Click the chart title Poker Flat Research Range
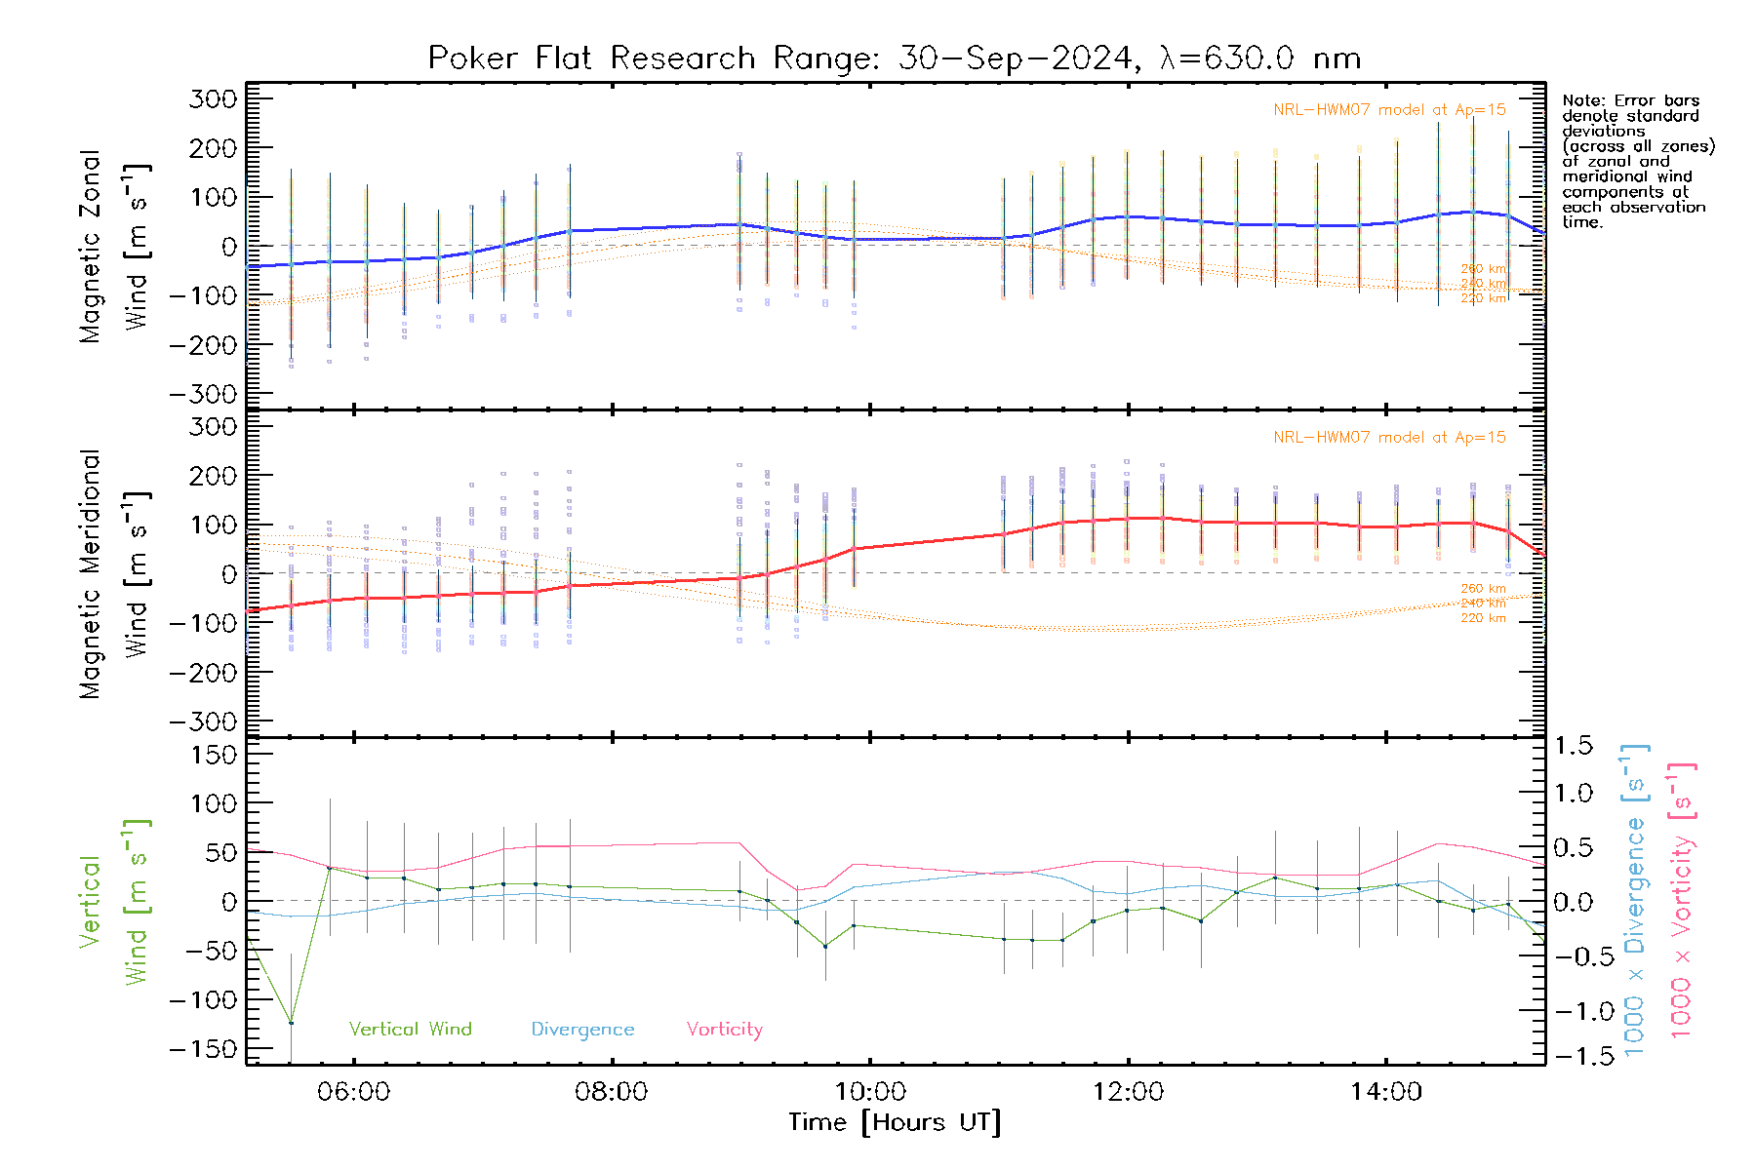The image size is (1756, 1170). (x=894, y=58)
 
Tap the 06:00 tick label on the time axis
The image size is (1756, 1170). (x=353, y=1092)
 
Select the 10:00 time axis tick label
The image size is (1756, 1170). (x=870, y=1092)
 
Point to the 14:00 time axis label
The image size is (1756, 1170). (x=1386, y=1092)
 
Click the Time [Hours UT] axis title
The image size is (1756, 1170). (x=895, y=1123)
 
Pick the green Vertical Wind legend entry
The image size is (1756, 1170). (x=410, y=1030)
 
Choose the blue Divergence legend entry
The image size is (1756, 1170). (x=582, y=1030)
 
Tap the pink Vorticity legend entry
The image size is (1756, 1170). (x=724, y=1030)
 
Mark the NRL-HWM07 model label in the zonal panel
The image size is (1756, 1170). (x=1389, y=110)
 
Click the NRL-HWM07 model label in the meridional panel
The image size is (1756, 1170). (x=1389, y=438)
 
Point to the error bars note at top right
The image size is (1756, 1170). (x=1637, y=161)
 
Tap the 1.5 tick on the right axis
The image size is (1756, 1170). (x=1574, y=746)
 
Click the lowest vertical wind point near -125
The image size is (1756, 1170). (x=291, y=1023)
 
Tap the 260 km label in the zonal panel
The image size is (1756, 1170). (x=1483, y=269)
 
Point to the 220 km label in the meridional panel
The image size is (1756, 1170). (x=1483, y=618)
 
